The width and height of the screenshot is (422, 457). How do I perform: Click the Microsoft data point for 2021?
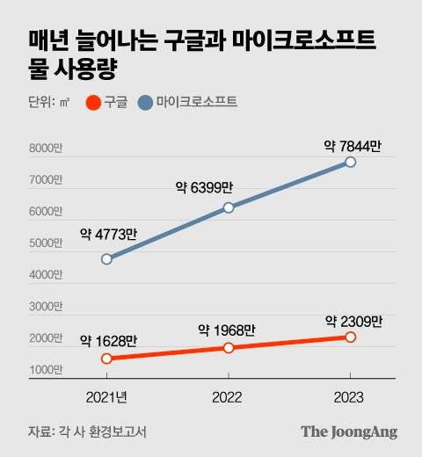click(106, 259)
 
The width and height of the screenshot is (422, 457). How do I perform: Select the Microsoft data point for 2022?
click(229, 207)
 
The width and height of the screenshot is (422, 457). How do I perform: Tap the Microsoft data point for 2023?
click(351, 163)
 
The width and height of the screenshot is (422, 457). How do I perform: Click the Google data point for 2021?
click(106, 359)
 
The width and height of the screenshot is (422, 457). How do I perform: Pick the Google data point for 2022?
click(229, 348)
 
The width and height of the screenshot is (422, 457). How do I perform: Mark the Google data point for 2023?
click(351, 337)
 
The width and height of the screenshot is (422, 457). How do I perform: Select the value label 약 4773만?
click(108, 234)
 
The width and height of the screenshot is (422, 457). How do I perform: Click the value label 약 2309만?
click(353, 321)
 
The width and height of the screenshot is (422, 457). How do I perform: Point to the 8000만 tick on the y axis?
click(46, 149)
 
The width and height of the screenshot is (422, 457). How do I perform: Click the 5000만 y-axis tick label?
click(46, 243)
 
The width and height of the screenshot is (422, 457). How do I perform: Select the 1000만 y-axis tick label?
click(46, 370)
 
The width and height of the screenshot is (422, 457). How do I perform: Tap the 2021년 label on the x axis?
click(106, 397)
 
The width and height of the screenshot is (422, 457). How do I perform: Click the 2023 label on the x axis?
click(351, 397)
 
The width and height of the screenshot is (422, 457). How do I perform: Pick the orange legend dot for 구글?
click(92, 103)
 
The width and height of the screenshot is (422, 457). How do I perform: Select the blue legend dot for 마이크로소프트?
click(146, 103)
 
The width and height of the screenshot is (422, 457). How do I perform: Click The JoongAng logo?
click(349, 432)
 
